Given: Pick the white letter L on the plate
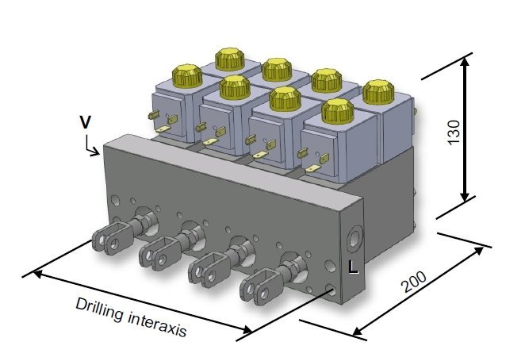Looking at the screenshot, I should (354, 268).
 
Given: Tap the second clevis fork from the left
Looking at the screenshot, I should (155, 255).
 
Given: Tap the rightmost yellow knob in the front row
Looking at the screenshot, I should (337, 110).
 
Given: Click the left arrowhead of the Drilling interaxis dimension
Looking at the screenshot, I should (33, 274).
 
